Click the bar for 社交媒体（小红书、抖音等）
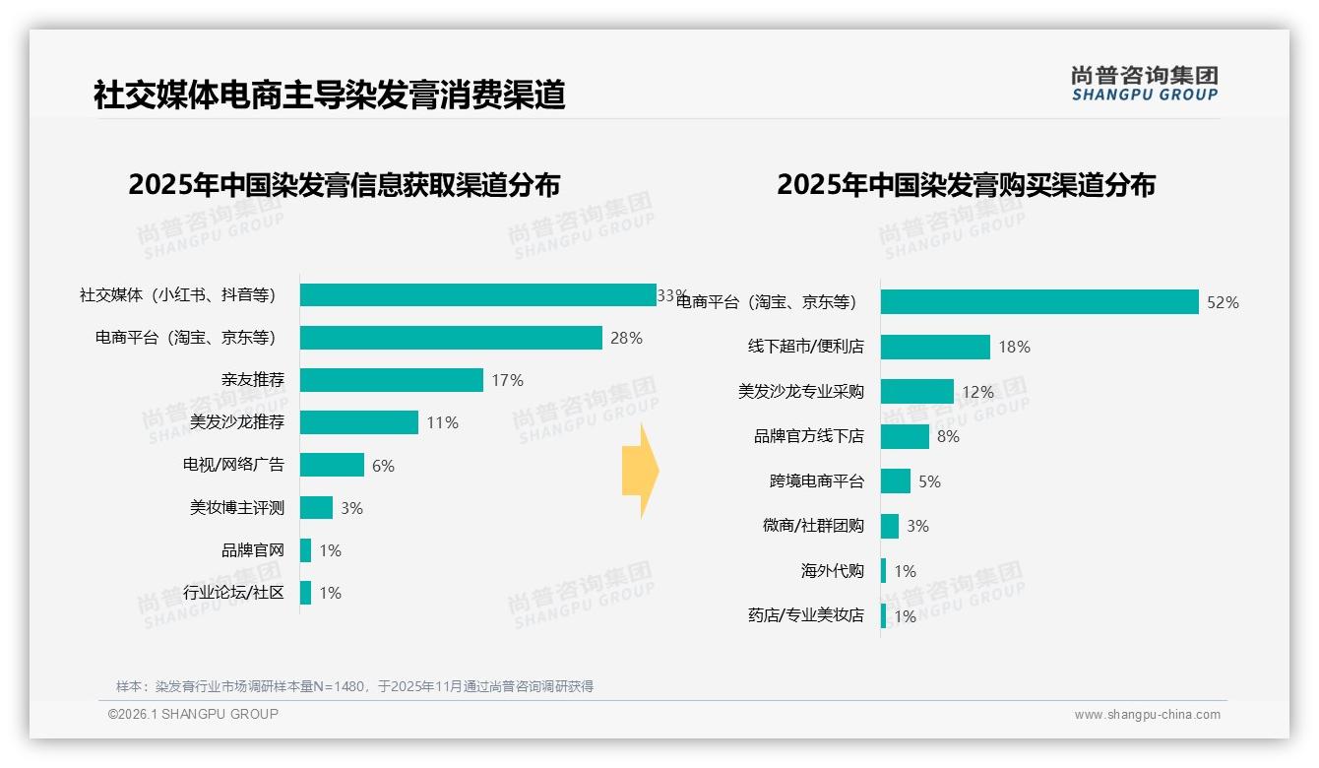pyautogui.click(x=477, y=295)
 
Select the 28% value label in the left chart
pyautogui.click(x=626, y=338)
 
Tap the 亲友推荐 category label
pyautogui.click(x=252, y=380)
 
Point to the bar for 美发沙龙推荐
pyautogui.click(x=359, y=422)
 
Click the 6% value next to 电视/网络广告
pyautogui.click(x=383, y=466)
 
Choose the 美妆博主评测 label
pyautogui.click(x=236, y=508)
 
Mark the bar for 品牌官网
pyautogui.click(x=305, y=550)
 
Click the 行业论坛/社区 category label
pyautogui.click(x=233, y=593)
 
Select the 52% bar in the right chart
pyautogui.click(x=1039, y=302)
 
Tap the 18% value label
pyautogui.click(x=1014, y=347)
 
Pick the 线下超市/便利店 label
pyautogui.click(x=805, y=347)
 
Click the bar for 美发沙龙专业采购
pyautogui.click(x=917, y=392)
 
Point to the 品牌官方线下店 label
pyautogui.click(x=808, y=436)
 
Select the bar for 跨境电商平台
pyautogui.click(x=896, y=481)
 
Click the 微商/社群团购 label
pyautogui.click(x=813, y=526)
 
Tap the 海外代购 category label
pyautogui.click(x=832, y=571)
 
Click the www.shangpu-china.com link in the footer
pyautogui.click(x=1147, y=715)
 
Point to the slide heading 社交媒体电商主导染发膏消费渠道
pyautogui.click(x=329, y=96)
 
